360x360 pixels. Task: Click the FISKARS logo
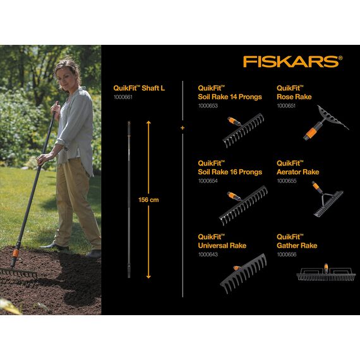[292, 61]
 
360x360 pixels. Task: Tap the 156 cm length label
[149, 200]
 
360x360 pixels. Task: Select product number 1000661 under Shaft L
[123, 97]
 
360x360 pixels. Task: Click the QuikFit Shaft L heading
[139, 88]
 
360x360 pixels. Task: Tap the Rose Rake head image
[322, 118]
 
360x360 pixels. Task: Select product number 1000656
[287, 254]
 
